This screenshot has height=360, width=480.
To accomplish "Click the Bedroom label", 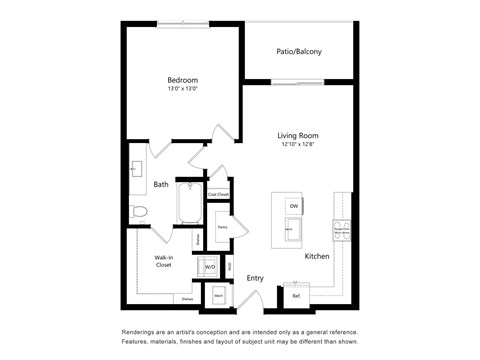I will click(182, 80).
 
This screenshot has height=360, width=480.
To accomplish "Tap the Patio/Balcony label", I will click(300, 52).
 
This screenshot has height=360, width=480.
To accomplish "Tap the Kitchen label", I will click(317, 257).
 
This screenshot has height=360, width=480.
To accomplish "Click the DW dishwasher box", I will click(294, 206).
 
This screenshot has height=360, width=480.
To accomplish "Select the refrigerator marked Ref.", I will click(297, 295).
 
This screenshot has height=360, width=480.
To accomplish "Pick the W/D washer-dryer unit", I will click(210, 267).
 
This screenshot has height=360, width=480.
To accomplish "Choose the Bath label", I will click(161, 184).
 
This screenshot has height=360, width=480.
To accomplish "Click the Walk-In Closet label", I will click(164, 262).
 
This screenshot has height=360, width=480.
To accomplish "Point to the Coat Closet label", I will click(218, 194).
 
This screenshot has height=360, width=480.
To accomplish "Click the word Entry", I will click(255, 278).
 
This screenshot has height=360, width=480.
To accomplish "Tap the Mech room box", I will click(219, 295).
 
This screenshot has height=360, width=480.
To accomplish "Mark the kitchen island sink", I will click(291, 229).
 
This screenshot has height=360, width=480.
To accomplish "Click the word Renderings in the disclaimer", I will click(141, 331).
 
